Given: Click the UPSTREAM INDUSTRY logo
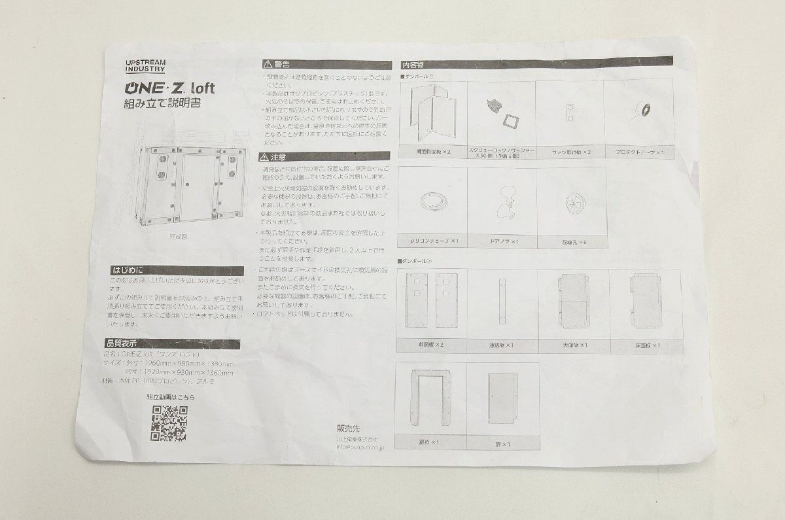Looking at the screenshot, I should [x=145, y=65].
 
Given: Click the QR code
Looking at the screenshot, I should [x=169, y=423].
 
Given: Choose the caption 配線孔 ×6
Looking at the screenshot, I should [x=572, y=241].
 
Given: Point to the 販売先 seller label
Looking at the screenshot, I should [x=347, y=426].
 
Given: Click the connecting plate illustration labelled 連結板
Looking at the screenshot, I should [x=502, y=301].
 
